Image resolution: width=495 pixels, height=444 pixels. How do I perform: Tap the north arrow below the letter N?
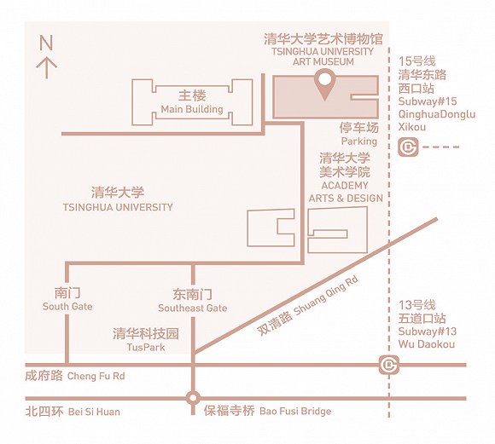click(x=47, y=67)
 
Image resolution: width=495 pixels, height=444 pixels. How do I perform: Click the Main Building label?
click(x=192, y=109)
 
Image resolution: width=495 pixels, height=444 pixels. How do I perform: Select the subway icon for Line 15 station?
click(x=408, y=147)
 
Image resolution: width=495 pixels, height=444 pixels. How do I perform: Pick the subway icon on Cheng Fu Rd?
click(x=389, y=365)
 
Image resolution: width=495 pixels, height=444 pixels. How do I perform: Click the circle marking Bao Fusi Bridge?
click(x=193, y=398)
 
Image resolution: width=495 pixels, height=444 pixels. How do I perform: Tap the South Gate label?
click(x=67, y=306)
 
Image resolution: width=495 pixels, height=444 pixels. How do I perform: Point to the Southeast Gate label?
click(x=193, y=308)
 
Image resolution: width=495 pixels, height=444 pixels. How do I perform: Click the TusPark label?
click(x=146, y=347)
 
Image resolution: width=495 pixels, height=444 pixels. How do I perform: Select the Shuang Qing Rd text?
click(x=326, y=296)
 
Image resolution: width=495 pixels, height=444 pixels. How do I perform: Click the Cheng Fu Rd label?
click(x=96, y=376)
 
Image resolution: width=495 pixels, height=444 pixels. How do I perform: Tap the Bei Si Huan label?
click(x=94, y=412)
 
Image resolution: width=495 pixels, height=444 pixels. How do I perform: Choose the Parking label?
click(x=359, y=141)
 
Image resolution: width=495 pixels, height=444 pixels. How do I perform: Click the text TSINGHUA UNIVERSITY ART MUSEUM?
click(x=323, y=56)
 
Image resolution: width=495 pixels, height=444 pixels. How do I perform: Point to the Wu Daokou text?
click(x=426, y=343)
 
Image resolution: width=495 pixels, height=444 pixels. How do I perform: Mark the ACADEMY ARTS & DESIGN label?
click(x=346, y=192)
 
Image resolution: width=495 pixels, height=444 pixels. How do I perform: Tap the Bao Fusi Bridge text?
click(x=295, y=411)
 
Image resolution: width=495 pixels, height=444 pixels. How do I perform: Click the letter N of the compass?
click(x=46, y=43)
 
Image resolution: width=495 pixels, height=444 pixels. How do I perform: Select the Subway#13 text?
click(x=427, y=332)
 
